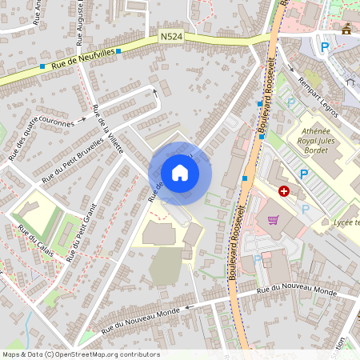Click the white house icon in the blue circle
180,173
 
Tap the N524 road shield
170,36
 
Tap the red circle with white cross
284,191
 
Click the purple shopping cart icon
274,220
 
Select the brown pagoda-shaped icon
346,30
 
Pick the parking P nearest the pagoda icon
325,48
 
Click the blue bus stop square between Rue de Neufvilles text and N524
118,51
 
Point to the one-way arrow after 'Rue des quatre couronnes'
82,121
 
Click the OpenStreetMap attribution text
80,354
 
